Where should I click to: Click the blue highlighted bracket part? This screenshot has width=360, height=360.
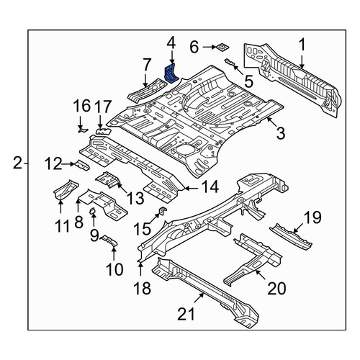pyautogui.click(x=171, y=73)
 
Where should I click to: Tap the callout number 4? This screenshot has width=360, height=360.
pyautogui.click(x=171, y=45)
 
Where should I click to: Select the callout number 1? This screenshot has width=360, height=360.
pyautogui.click(x=302, y=45)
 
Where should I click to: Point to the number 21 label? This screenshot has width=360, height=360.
pyautogui.click(x=186, y=314)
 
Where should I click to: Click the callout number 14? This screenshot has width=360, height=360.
pyautogui.click(x=210, y=186)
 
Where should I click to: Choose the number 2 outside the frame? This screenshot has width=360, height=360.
pyautogui.click(x=17, y=163)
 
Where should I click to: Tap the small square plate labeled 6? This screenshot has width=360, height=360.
pyautogui.click(x=222, y=47)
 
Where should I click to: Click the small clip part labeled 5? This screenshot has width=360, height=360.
pyautogui.click(x=230, y=62)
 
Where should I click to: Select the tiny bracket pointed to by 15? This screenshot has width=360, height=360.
pyautogui.click(x=163, y=211)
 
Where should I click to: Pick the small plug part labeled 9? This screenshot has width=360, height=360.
pyautogui.click(x=92, y=211)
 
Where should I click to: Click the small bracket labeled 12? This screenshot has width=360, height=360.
pyautogui.click(x=82, y=165)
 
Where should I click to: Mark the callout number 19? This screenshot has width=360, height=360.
pyautogui.click(x=312, y=217)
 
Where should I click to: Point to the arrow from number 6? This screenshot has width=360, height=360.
pyautogui.click(x=210, y=47)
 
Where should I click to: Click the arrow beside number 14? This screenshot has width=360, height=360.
pyautogui.click(x=191, y=189)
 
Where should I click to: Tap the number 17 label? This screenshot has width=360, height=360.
pyautogui.click(x=103, y=107)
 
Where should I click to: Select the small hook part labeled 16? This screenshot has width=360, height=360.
pyautogui.click(x=83, y=130)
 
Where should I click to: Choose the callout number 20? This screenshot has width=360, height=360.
pyautogui.click(x=276, y=288)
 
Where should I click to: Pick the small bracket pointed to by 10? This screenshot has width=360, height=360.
pyautogui.click(x=109, y=240)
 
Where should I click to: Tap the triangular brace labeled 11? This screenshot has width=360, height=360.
pyautogui.click(x=66, y=189)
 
